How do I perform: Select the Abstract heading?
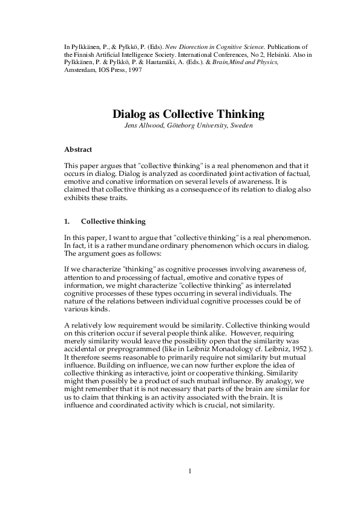pyautogui.click(x=79, y=148)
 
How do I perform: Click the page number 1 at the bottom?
pyautogui.click(x=189, y=471)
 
